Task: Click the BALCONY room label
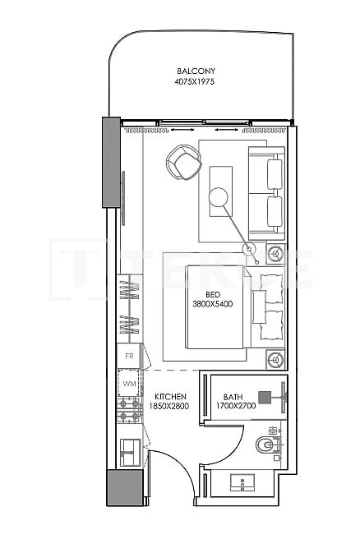click(x=195, y=71)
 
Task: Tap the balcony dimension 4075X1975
click(x=195, y=82)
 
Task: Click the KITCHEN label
click(x=170, y=396)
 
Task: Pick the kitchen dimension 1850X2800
click(x=170, y=406)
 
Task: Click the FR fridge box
click(x=129, y=357)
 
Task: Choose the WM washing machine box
click(x=129, y=383)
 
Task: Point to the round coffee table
click(x=218, y=196)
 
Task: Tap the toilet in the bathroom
click(x=264, y=445)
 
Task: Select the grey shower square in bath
click(x=265, y=394)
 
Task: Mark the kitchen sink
click(x=129, y=449)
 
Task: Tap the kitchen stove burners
click(x=128, y=410)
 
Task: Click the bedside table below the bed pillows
click(x=276, y=358)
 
